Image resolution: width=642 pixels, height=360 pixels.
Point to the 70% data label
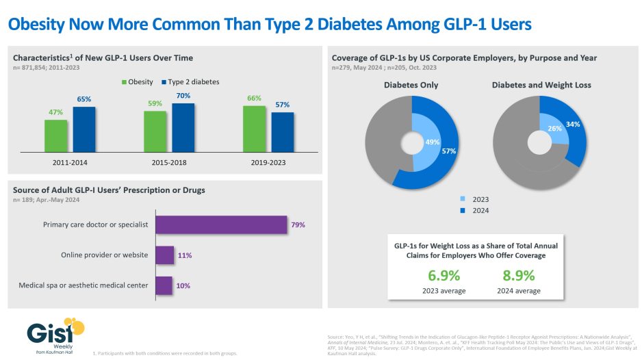click(183, 96)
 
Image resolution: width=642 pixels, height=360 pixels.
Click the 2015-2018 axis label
click(167, 163)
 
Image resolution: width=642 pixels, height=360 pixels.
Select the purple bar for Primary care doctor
click(220, 224)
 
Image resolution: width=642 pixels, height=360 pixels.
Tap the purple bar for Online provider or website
click(164, 255)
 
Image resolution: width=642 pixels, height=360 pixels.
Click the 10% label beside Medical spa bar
click(183, 285)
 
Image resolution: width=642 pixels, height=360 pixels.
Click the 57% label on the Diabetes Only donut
click(448, 151)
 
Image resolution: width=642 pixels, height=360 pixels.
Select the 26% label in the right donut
click(554, 128)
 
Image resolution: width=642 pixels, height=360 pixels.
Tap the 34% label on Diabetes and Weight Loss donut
click(574, 124)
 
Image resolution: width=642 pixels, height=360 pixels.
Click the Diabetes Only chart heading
click(411, 85)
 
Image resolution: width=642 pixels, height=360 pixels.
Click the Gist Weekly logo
click(55, 333)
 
